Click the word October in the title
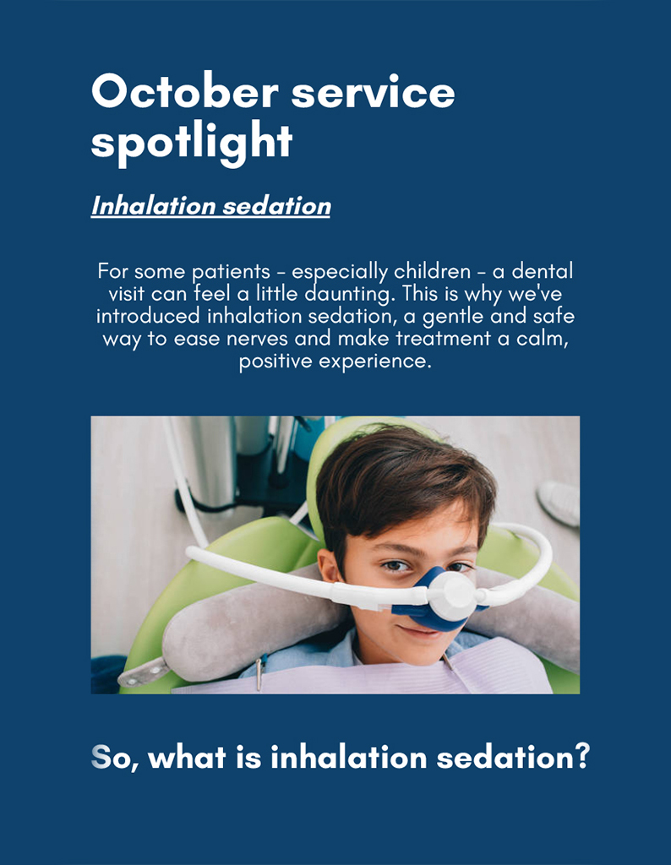[x=185, y=91]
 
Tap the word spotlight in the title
[x=192, y=143]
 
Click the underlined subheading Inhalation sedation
[x=210, y=206]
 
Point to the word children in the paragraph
[x=432, y=271]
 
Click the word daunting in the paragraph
[x=349, y=294]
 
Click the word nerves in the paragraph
[x=257, y=339]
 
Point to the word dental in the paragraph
[x=543, y=271]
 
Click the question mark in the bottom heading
[x=581, y=756]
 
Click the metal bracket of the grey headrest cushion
[x=141, y=673]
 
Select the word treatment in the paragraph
[x=443, y=339]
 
